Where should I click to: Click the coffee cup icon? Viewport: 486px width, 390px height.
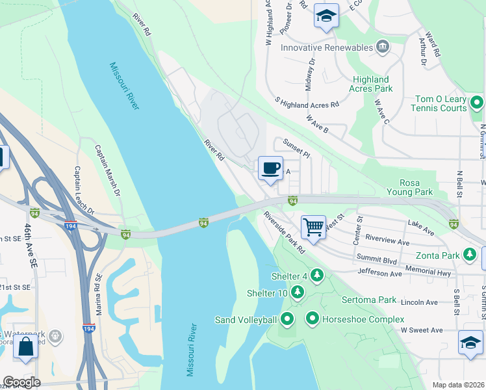271,168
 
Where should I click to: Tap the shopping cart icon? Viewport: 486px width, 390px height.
314,227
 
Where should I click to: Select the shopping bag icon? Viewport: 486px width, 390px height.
25,346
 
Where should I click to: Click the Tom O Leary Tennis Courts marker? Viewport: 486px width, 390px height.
477,103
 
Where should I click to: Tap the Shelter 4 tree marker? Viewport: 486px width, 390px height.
317,276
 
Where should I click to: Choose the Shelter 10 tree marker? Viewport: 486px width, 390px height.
298,292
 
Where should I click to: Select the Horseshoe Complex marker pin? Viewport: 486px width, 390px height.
313,318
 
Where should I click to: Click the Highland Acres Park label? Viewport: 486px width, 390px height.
370,84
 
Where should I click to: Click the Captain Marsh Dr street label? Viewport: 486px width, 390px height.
108,170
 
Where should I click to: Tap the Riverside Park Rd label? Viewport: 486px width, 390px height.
284,231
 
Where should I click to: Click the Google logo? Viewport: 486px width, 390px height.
21,382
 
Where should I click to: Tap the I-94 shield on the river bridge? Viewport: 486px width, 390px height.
203,224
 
